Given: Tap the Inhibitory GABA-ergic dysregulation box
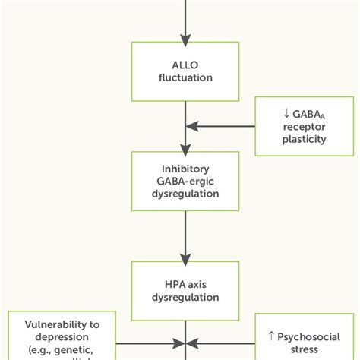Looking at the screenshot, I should point(185,180).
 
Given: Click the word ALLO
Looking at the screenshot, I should point(185,63).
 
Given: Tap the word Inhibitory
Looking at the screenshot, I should point(185,167).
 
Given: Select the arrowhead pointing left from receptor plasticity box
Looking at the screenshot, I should point(191,125).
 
